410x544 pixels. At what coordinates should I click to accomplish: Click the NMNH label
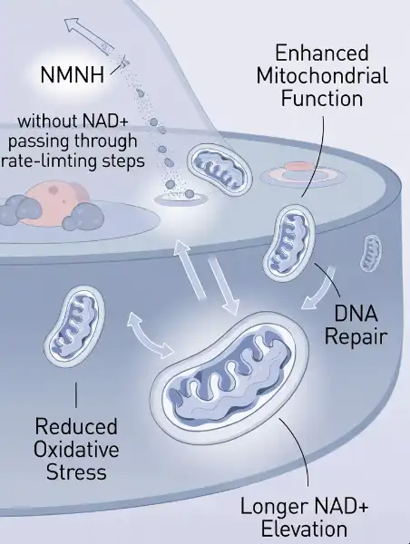(73, 74)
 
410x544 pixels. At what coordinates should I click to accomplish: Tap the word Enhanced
(322, 53)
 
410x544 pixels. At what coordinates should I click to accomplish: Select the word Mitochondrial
(322, 75)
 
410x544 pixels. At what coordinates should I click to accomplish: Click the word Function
(322, 98)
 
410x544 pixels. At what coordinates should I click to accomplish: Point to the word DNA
(356, 314)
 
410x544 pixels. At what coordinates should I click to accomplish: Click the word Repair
(356, 336)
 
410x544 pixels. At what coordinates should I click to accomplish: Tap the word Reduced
(76, 426)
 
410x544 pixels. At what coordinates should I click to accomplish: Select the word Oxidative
(76, 450)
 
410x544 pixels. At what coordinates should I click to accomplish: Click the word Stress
(76, 472)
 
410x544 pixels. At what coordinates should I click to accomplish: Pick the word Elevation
(304, 529)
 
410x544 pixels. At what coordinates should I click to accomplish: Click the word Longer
(275, 507)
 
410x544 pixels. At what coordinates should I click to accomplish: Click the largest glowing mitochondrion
(229, 378)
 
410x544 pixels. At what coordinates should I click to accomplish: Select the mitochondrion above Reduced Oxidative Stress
(74, 326)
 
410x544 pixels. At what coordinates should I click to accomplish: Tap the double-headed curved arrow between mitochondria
(150, 335)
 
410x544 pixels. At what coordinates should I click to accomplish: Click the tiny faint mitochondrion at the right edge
(370, 253)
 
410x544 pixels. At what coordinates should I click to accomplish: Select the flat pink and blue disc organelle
(303, 174)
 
